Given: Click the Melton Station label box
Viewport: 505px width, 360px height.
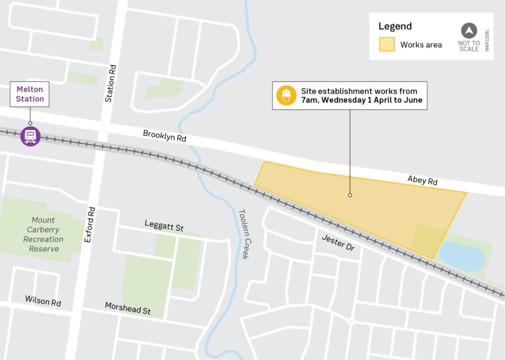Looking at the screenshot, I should (x=30, y=94).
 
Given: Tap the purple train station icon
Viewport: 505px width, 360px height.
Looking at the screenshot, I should (x=30, y=136).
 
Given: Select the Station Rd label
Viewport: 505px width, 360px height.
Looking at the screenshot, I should (x=110, y=83).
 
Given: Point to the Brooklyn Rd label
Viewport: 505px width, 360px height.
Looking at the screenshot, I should (x=165, y=136).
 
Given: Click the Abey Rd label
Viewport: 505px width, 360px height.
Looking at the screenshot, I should (x=422, y=181).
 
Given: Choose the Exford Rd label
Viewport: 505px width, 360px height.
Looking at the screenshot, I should (x=90, y=225).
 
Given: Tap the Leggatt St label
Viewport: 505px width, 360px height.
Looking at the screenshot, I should (x=164, y=226).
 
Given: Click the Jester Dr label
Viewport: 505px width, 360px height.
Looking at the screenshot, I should (x=338, y=243).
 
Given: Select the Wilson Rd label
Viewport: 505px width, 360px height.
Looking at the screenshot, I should (x=43, y=301).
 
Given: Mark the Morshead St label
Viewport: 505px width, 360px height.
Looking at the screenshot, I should (x=128, y=308).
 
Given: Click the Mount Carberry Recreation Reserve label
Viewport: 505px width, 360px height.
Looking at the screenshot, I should (x=43, y=235).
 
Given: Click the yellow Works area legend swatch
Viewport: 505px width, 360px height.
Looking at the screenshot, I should (x=387, y=44).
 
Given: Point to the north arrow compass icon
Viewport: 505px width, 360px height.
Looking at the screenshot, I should (x=468, y=30).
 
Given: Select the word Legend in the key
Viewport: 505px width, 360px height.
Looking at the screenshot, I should (x=395, y=26).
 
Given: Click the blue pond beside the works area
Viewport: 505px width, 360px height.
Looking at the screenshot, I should (x=462, y=256).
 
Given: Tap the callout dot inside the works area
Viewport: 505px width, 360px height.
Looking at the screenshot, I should (x=350, y=195).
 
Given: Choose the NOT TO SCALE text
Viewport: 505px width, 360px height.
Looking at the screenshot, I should (x=469, y=46).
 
